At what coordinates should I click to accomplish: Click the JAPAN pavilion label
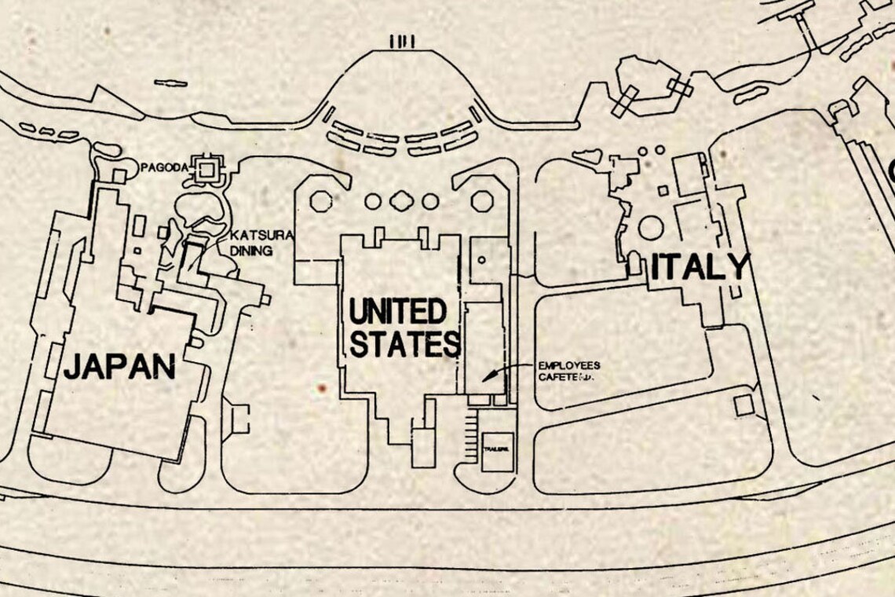[x=119, y=367]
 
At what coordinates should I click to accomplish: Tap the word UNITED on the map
[x=396, y=313]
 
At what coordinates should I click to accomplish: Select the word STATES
[x=404, y=344]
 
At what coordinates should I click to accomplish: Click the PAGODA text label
[x=163, y=167]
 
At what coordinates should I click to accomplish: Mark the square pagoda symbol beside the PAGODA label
[x=207, y=168]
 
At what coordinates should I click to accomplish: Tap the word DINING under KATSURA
[x=252, y=251]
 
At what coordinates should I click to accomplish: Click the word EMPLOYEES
[x=569, y=366]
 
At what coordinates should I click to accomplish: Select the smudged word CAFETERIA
[x=567, y=379]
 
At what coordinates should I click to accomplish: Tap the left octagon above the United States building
[x=321, y=201]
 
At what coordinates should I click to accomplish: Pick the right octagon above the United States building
[x=481, y=201]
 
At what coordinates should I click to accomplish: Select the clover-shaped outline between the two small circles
[x=401, y=201]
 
